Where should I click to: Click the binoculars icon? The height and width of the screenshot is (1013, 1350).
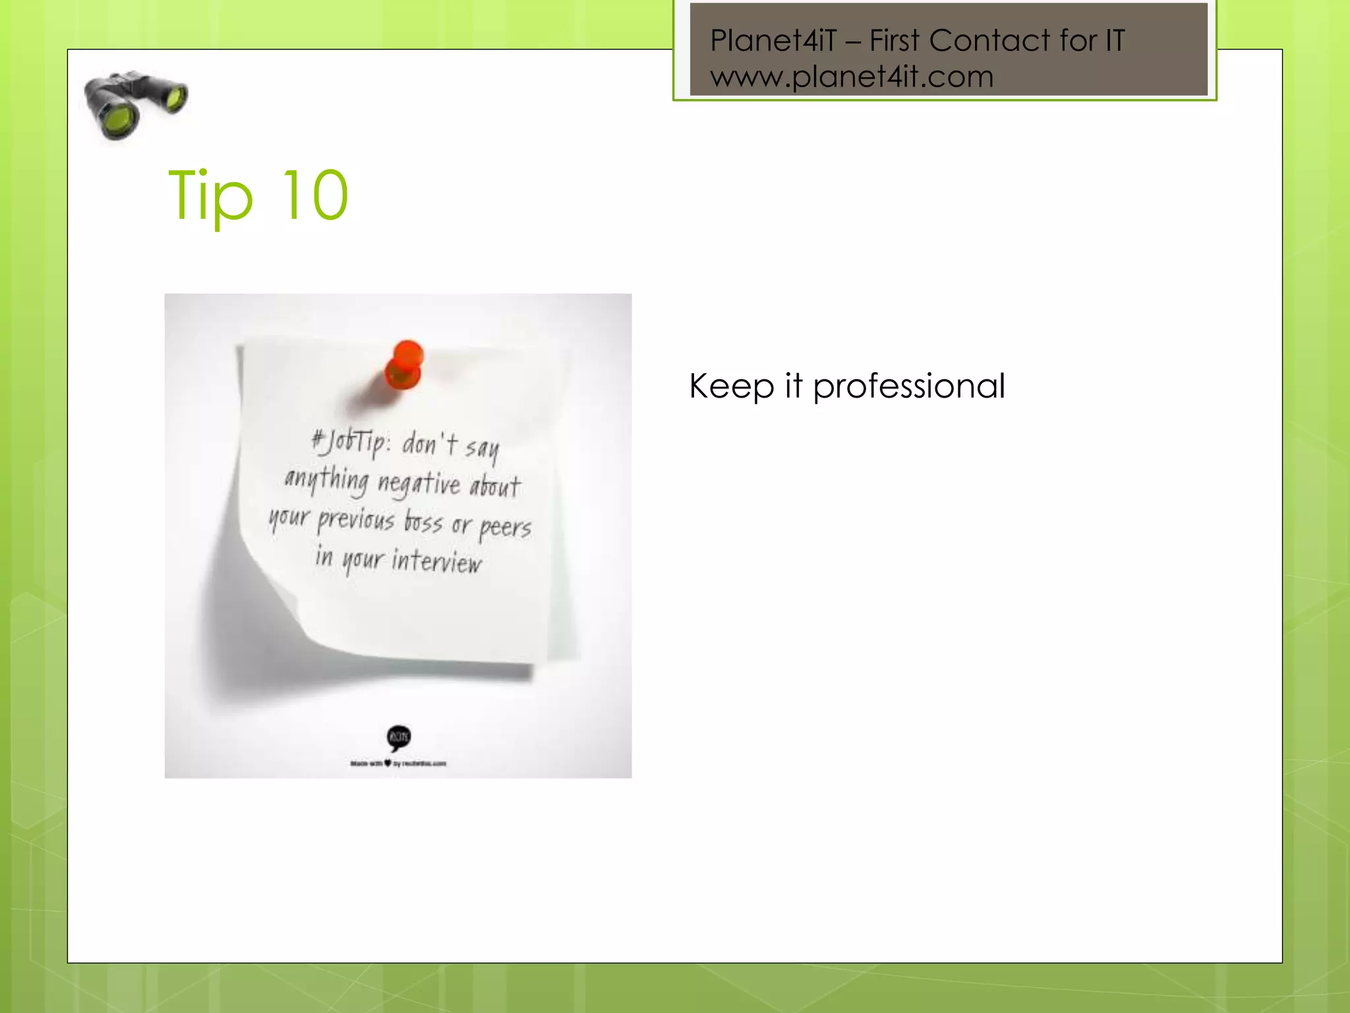(135, 104)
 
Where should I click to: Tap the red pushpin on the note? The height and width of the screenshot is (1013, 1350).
(405, 365)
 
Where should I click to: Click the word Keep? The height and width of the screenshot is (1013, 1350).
(731, 386)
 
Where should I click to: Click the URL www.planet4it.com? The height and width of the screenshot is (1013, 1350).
(852, 77)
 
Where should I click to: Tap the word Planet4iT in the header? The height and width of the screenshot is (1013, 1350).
(773, 41)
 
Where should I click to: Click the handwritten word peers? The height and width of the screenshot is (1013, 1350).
(504, 528)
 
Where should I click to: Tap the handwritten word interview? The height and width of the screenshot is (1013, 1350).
(436, 562)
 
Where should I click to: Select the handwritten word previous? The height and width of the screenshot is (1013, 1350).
(356, 521)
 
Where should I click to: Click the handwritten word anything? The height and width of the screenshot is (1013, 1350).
(327, 479)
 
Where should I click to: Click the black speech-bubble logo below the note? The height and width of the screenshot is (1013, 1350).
(399, 737)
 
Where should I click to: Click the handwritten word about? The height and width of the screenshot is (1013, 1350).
(495, 487)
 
